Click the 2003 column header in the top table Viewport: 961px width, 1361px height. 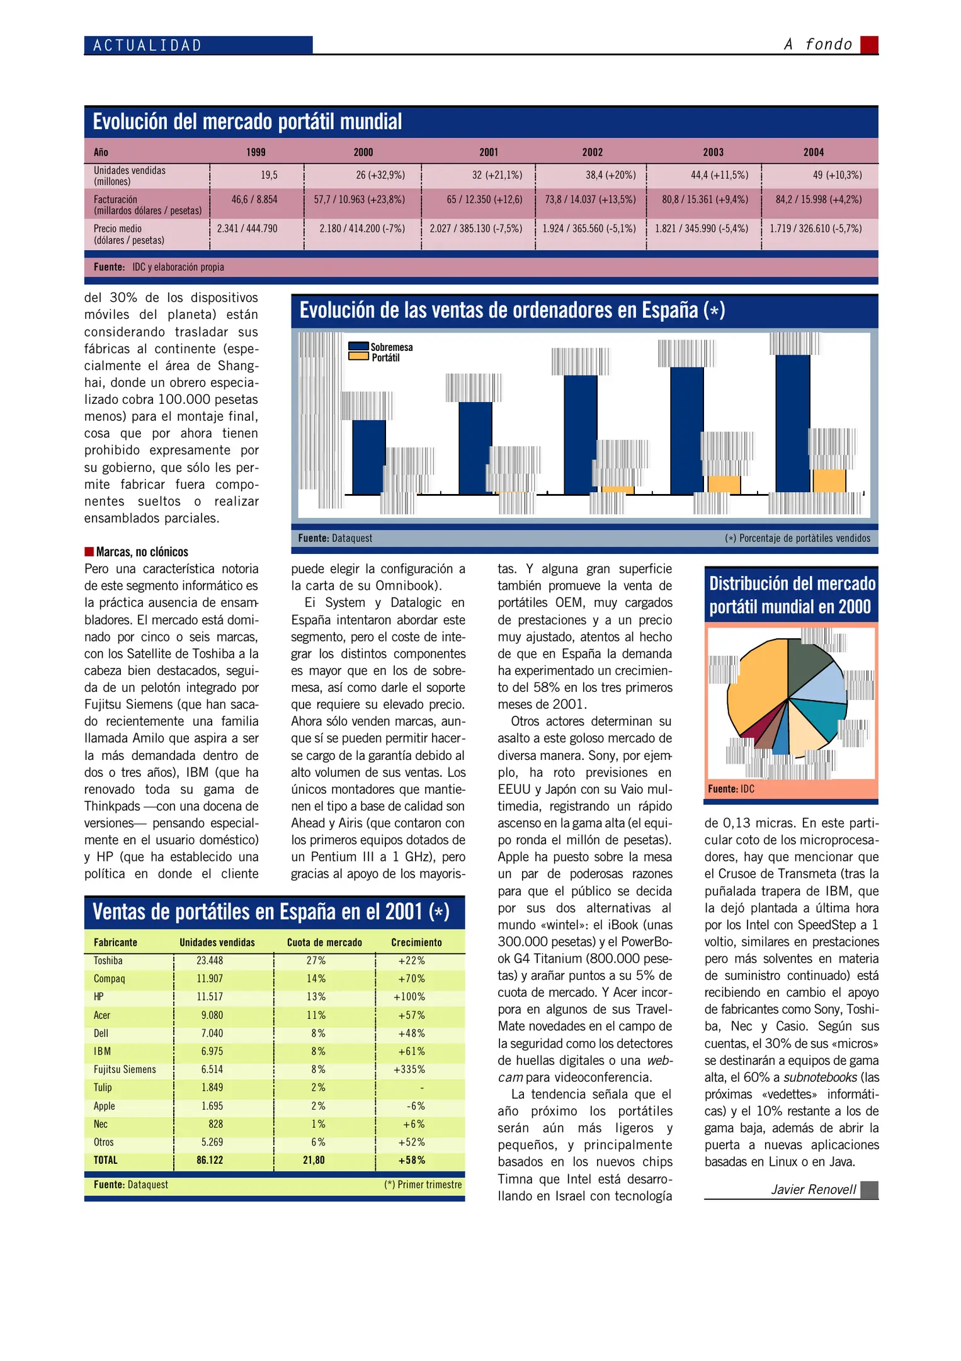coord(713,152)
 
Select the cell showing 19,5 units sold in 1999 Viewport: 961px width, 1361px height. coord(269,175)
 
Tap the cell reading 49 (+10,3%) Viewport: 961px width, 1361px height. coord(837,175)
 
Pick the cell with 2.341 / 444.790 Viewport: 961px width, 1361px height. coord(247,229)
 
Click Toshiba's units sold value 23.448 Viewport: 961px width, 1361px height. coord(210,961)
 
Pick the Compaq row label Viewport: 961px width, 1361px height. coord(110,979)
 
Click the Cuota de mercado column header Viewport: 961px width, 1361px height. coord(324,943)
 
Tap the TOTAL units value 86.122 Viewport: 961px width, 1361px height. coord(210,1160)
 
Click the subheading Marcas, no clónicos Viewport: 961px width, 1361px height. coord(142,552)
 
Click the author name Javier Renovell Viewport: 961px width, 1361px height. coord(813,1190)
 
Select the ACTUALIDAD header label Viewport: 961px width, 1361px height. coord(147,45)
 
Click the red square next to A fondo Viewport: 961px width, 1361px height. coord(869,45)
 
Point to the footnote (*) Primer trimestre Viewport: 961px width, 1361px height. coord(423,1185)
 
